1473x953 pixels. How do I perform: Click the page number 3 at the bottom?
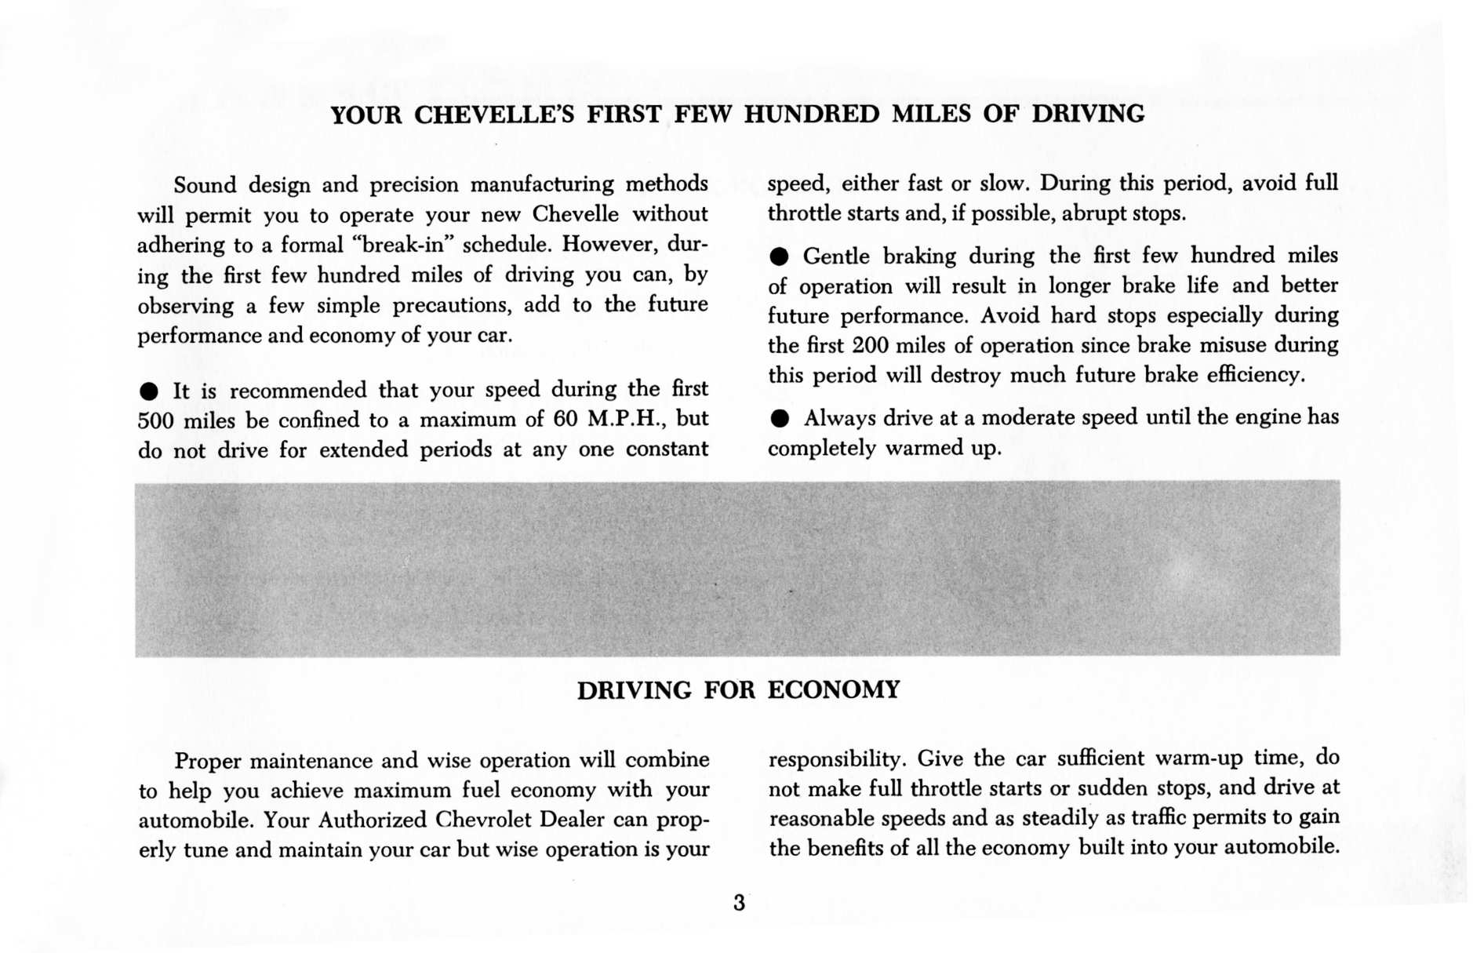coord(739,903)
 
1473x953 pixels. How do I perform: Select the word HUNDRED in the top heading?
coord(811,115)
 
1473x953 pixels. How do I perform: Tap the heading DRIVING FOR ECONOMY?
coord(738,690)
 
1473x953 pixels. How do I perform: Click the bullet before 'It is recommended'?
coord(149,391)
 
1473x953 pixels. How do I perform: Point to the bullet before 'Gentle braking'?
coord(778,257)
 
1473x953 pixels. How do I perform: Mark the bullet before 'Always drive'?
coord(778,419)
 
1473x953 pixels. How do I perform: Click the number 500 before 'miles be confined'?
coord(155,421)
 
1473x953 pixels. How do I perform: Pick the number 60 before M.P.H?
coord(565,419)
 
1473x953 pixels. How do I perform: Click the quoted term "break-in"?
coord(404,245)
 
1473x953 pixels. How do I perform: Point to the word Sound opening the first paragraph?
coord(205,185)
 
